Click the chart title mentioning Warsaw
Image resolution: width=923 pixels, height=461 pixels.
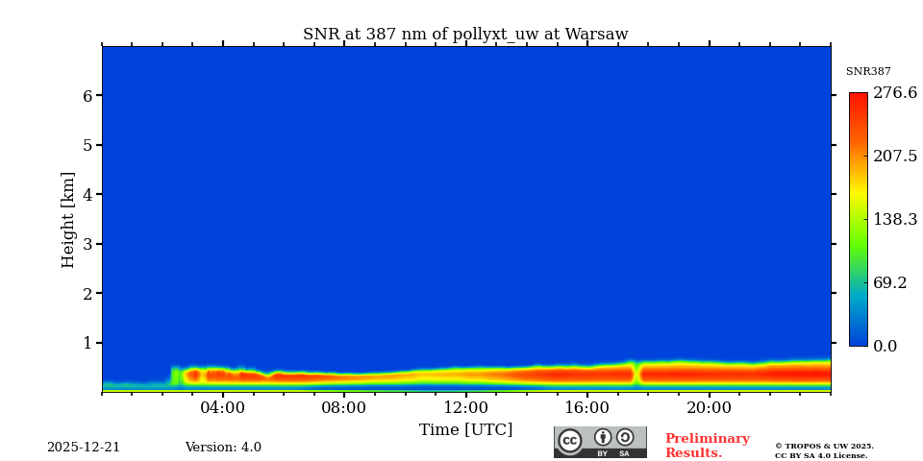coord(465,35)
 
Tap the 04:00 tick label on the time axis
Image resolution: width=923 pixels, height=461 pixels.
coord(223,407)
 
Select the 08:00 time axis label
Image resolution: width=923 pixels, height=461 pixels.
coord(344,407)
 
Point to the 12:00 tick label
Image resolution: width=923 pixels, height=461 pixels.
coord(465,407)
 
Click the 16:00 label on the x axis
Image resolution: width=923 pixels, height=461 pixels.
coord(586,407)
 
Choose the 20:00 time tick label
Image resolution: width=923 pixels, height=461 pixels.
coord(709,407)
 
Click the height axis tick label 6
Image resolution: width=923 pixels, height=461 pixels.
coord(87,96)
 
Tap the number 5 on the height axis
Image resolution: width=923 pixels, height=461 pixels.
coord(87,146)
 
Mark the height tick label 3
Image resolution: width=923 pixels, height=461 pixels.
coord(87,244)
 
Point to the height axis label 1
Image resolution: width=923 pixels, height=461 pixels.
coord(87,343)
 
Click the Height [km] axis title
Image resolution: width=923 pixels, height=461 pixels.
coord(68,219)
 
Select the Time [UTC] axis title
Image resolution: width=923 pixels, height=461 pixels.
coord(465,429)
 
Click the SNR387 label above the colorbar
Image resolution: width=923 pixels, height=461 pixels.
coord(868,72)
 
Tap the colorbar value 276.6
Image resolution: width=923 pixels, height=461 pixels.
coord(894,93)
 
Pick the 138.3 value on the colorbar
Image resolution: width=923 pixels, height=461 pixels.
coord(894,219)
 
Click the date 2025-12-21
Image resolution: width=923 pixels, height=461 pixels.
coord(84,448)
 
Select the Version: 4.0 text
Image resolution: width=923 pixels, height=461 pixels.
coord(223,448)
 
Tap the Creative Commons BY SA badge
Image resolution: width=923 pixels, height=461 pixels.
coord(600,442)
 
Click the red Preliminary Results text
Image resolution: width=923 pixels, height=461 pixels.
coord(707,446)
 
